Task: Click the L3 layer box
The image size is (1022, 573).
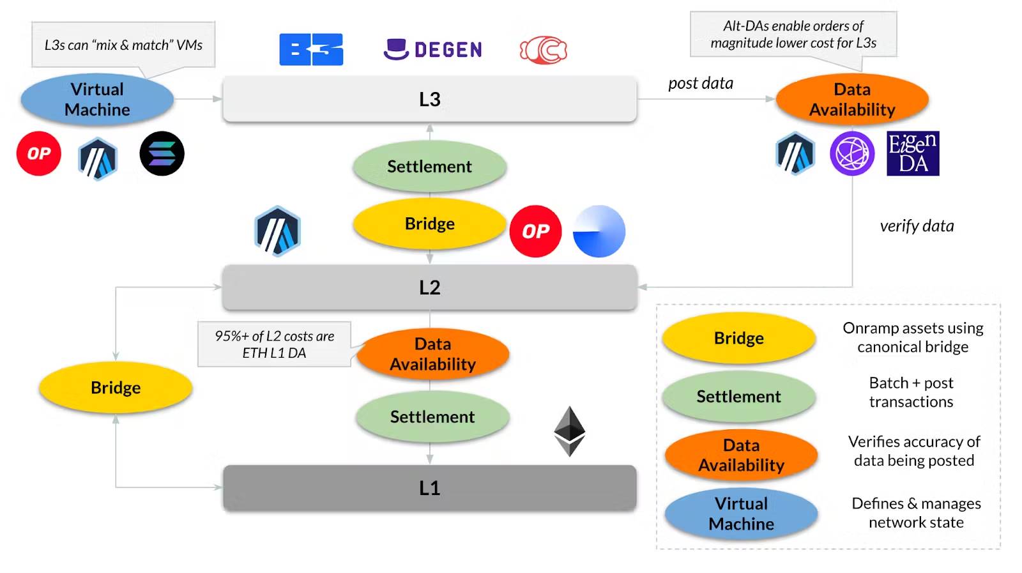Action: click(x=429, y=99)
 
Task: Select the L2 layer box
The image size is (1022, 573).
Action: click(x=429, y=287)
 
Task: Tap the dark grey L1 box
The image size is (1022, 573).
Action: click(x=429, y=488)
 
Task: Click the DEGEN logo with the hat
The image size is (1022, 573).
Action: click(x=432, y=49)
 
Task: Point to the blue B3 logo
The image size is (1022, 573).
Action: click(x=311, y=49)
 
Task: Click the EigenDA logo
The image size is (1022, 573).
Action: click(x=913, y=153)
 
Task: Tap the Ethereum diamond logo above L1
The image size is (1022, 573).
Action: click(x=569, y=431)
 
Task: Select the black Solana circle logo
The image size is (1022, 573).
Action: click(x=162, y=153)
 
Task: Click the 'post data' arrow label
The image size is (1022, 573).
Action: click(x=701, y=83)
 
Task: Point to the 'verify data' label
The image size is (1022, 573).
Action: click(x=917, y=225)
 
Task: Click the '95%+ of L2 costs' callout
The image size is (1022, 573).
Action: click(x=274, y=344)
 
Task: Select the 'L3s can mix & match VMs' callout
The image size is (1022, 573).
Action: click(x=123, y=45)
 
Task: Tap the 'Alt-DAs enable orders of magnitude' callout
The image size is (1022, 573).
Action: click(x=793, y=34)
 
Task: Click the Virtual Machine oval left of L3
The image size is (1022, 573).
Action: click(x=97, y=100)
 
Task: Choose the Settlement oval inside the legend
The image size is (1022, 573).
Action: click(x=738, y=397)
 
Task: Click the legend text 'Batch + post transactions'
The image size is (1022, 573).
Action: click(x=911, y=392)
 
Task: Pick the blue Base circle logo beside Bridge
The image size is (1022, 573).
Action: click(x=599, y=231)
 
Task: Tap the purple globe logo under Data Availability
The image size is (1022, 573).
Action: click(x=852, y=153)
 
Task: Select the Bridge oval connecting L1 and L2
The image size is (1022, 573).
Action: click(x=116, y=388)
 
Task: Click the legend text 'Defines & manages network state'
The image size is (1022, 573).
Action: click(x=916, y=513)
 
